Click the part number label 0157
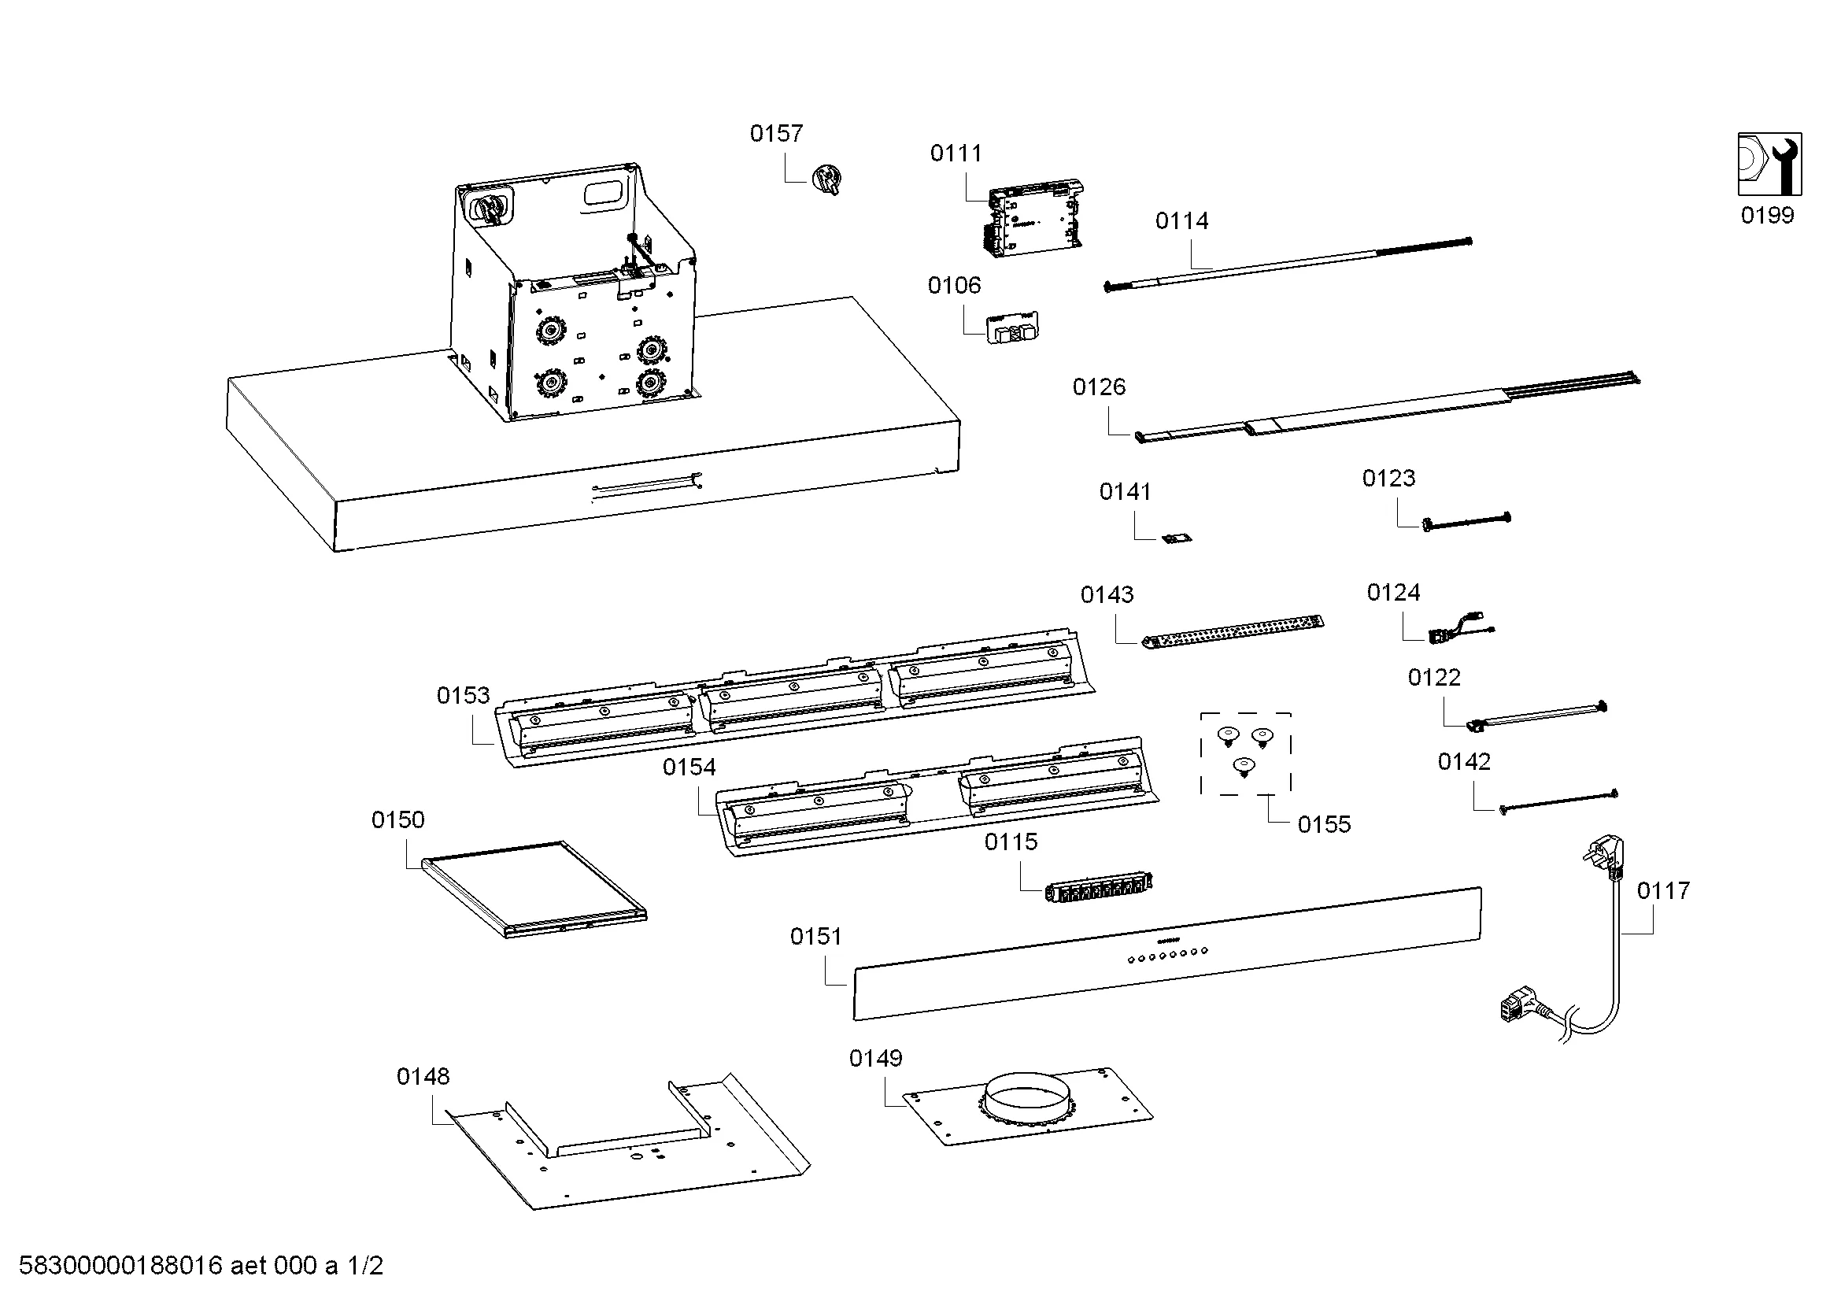775,133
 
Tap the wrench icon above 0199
1769,164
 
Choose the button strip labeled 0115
1099,886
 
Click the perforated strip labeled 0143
1232,632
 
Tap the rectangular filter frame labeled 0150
534,888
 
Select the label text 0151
815,937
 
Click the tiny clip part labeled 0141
1177,537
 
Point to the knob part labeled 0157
826,179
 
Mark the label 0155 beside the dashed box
1324,824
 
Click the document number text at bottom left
201,1266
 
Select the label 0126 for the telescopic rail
1099,387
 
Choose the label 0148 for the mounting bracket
423,1076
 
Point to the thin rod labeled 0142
1557,801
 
